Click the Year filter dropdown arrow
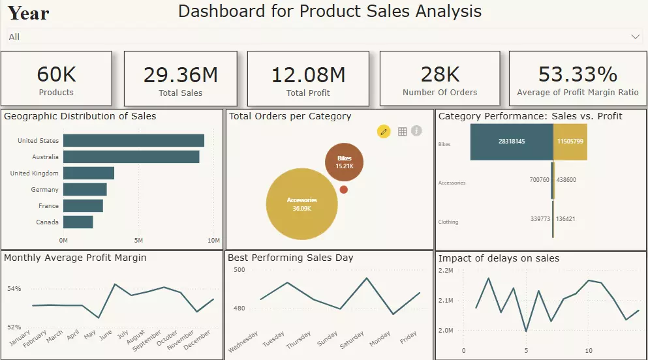coord(636,37)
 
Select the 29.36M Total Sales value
coord(181,75)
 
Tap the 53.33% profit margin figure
coord(578,74)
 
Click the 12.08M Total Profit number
coord(309,75)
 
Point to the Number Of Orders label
coord(440,93)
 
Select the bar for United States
coord(134,141)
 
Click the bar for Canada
coord(78,222)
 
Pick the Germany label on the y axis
coord(44,190)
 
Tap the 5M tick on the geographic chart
coord(138,241)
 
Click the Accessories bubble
coord(301,203)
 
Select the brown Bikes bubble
coord(344,162)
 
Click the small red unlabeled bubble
coord(344,190)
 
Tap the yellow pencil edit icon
coord(384,132)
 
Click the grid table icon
coord(402,132)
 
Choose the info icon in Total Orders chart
coord(416,131)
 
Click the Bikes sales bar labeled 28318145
coord(512,142)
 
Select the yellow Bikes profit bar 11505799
coord(570,142)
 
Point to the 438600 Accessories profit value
coord(566,179)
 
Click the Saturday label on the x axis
coord(352,340)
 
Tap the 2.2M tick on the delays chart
coord(446,270)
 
